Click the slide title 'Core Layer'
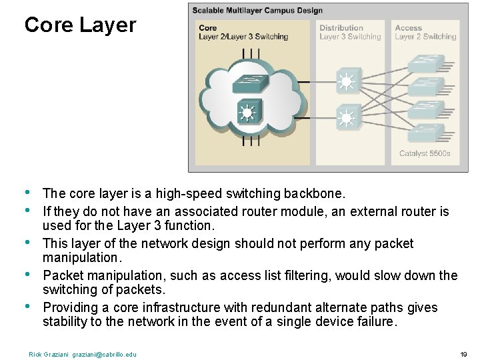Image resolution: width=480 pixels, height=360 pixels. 80,25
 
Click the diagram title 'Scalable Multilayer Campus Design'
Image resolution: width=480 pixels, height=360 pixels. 257,11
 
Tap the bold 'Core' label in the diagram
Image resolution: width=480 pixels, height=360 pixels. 208,28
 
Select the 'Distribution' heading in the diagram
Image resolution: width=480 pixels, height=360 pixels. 341,28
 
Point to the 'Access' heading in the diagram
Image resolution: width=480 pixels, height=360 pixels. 409,28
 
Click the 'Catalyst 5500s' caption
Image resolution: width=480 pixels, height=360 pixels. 425,153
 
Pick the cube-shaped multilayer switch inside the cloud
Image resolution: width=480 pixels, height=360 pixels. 248,113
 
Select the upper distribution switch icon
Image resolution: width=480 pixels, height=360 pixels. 346,82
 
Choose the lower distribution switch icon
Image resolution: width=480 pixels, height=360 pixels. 346,119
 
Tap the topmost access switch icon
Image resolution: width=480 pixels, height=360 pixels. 426,64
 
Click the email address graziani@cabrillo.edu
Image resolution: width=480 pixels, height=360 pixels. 105,354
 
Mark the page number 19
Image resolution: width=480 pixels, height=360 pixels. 463,354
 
